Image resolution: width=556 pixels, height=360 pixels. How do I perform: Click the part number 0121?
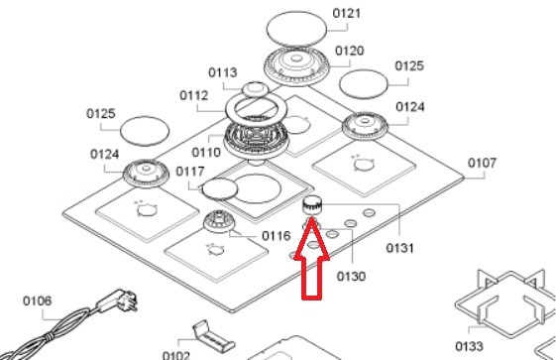(x=347, y=14)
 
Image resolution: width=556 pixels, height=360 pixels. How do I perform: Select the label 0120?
(x=349, y=51)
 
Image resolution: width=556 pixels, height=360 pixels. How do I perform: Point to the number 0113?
(x=222, y=72)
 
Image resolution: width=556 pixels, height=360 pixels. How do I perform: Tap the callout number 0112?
(x=193, y=95)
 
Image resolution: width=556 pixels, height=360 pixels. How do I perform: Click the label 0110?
(x=206, y=153)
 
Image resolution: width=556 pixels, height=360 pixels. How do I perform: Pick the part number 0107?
(x=482, y=164)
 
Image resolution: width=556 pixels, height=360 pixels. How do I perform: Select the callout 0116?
(x=276, y=236)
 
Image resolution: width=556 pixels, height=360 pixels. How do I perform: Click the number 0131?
(x=399, y=248)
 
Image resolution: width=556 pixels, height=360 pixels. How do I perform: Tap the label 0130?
(x=351, y=277)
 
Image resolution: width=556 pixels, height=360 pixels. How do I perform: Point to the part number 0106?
(x=38, y=301)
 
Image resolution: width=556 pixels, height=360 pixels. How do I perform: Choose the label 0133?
(x=469, y=346)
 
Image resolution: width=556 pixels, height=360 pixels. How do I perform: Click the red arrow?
(x=311, y=259)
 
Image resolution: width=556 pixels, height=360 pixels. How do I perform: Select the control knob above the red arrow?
(x=312, y=205)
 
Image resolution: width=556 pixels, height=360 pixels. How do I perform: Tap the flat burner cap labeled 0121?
(x=296, y=29)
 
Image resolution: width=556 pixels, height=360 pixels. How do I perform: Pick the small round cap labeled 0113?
(x=255, y=89)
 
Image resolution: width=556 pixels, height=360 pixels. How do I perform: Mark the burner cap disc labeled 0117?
(x=219, y=189)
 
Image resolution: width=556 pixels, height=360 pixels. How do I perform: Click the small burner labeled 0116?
(x=219, y=221)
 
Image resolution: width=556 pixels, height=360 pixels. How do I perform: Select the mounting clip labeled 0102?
(x=213, y=336)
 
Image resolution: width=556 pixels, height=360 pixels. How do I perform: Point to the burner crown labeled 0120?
(x=296, y=66)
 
